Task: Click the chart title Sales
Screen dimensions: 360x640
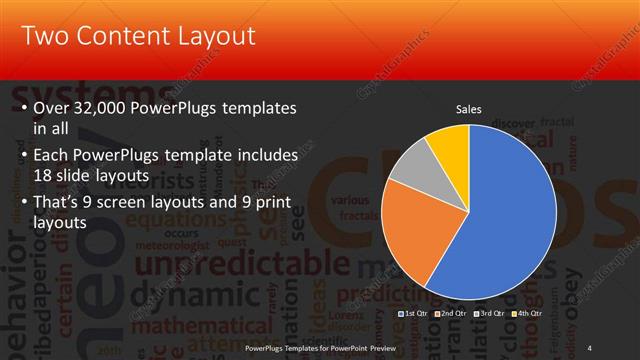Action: click(468, 108)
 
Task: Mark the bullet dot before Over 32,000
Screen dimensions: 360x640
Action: click(23, 107)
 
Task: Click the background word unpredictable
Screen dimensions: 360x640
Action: click(200, 263)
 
